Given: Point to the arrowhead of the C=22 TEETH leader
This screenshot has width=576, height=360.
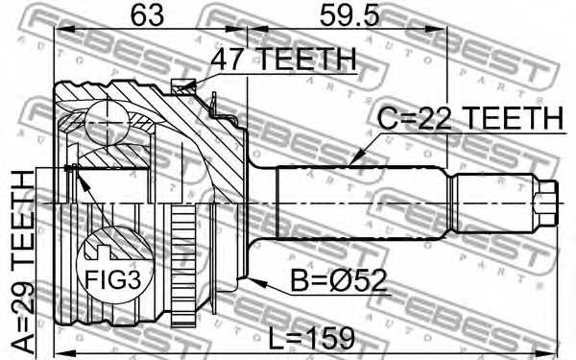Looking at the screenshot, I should pyautogui.click(x=353, y=163).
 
